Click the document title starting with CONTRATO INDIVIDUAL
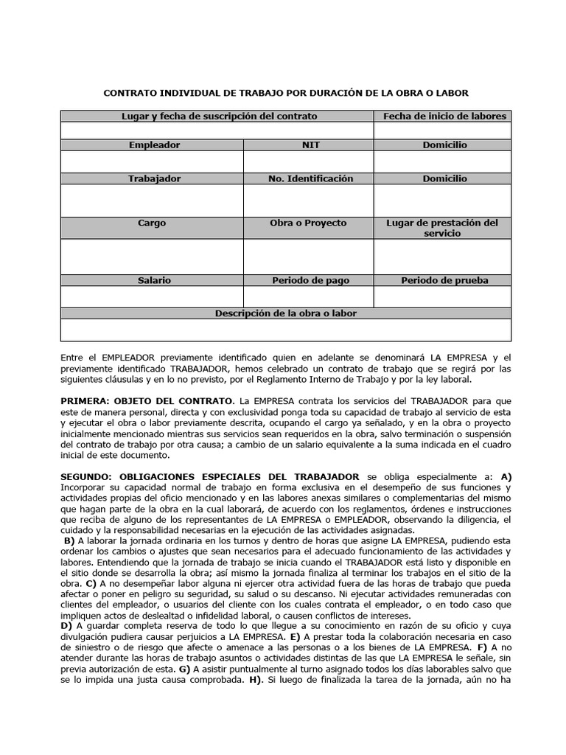[x=285, y=93]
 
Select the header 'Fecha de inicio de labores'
[x=444, y=116]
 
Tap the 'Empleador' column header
[x=154, y=145]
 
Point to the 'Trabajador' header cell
[x=154, y=178]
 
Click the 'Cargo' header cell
[x=152, y=223]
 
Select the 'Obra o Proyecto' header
[x=308, y=223]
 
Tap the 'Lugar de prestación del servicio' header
[x=442, y=228]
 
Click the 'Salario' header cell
[x=154, y=280]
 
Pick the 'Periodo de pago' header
[x=310, y=280]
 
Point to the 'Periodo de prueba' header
[x=444, y=280]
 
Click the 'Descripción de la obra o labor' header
[x=285, y=313]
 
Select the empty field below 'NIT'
[x=308, y=161]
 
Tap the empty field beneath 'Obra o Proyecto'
[x=308, y=257]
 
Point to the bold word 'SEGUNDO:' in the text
[x=84, y=477]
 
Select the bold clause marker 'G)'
[x=184, y=669]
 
